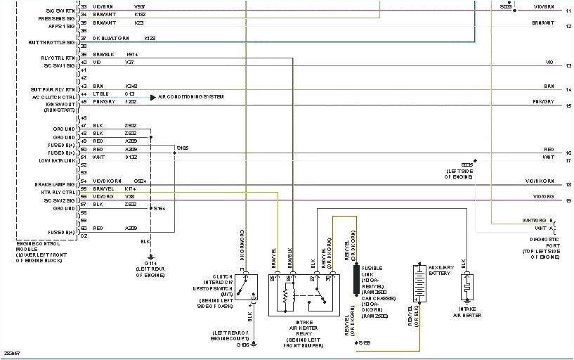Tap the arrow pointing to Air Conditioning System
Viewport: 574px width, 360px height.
tap(152, 96)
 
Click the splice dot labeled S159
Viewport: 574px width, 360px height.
tap(355, 342)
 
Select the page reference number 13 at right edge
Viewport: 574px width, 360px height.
tap(568, 65)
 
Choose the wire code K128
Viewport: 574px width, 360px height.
tap(150, 37)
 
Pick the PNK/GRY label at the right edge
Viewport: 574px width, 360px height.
tap(543, 102)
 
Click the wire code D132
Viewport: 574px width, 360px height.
tap(131, 157)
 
